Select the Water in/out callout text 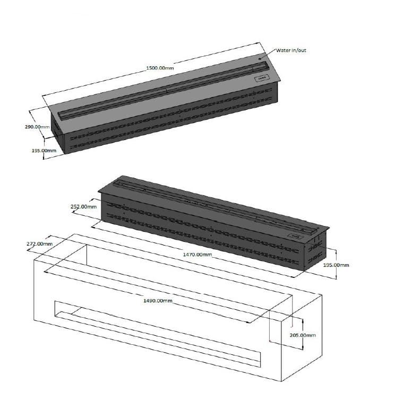click(x=291, y=50)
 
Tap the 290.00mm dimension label click(x=37, y=127)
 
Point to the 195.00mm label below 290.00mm click(x=44, y=151)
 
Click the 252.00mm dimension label click(x=84, y=206)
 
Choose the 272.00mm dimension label click(x=40, y=243)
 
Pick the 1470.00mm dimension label click(x=197, y=255)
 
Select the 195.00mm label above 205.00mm click(x=336, y=265)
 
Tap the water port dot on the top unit click(x=260, y=59)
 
